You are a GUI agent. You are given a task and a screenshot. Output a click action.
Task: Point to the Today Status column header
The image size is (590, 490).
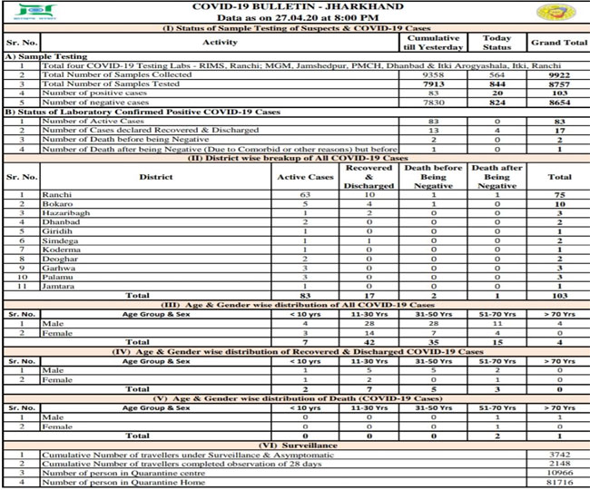(497, 42)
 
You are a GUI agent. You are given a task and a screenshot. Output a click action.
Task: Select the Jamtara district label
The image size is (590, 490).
(58, 285)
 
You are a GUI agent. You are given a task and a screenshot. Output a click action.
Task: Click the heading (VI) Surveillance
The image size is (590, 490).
(295, 445)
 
